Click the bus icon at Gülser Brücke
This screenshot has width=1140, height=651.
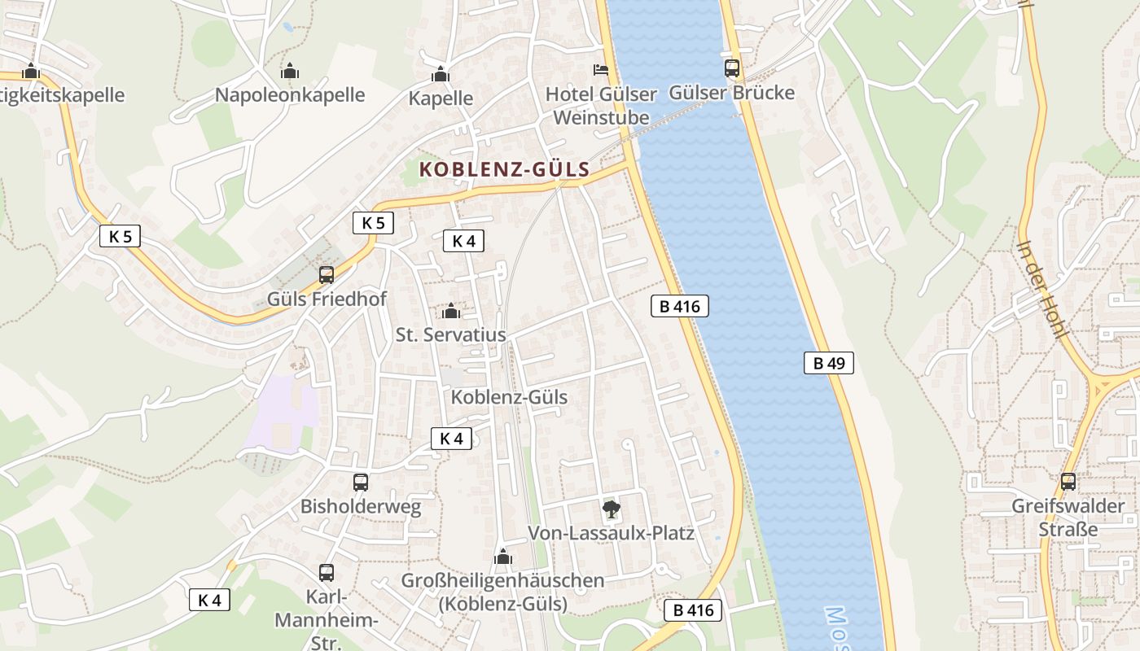(x=731, y=68)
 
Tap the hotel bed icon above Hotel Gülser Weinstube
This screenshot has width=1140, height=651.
(x=601, y=70)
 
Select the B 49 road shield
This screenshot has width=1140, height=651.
(x=829, y=363)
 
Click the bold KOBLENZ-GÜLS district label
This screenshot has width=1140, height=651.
(x=504, y=170)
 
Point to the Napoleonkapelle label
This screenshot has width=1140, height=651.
(x=290, y=94)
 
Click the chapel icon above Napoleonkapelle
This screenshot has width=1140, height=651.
(x=290, y=72)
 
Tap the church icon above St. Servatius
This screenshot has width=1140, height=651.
(x=450, y=311)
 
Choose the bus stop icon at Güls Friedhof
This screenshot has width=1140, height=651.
(x=327, y=275)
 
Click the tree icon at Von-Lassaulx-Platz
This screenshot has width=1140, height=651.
(x=611, y=510)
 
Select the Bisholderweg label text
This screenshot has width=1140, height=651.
(x=361, y=506)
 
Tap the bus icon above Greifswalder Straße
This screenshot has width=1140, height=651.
(x=1068, y=482)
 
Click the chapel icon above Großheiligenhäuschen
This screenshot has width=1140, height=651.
(x=502, y=557)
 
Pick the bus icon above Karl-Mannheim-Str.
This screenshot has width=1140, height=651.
(x=327, y=572)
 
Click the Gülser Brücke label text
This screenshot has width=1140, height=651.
(x=731, y=93)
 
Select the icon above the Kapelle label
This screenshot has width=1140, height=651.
(x=441, y=75)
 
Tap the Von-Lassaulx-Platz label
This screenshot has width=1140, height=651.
(x=611, y=533)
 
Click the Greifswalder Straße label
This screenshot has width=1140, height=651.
(x=1068, y=518)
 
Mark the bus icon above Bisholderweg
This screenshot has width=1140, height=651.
(x=361, y=483)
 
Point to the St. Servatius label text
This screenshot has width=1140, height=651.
(x=450, y=334)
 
